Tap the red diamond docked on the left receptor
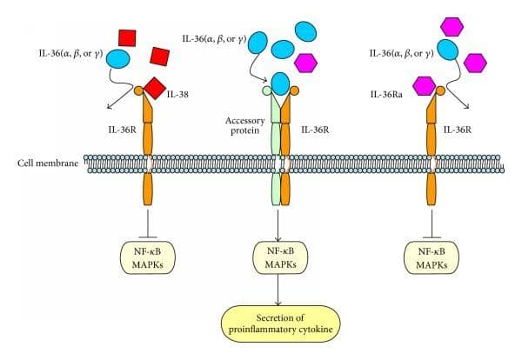coord(155,88)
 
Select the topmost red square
coord(127,38)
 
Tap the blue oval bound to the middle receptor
coord(281,83)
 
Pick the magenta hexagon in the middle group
coord(304,62)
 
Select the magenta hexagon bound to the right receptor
coord(424,85)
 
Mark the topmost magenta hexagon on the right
coord(452,26)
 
